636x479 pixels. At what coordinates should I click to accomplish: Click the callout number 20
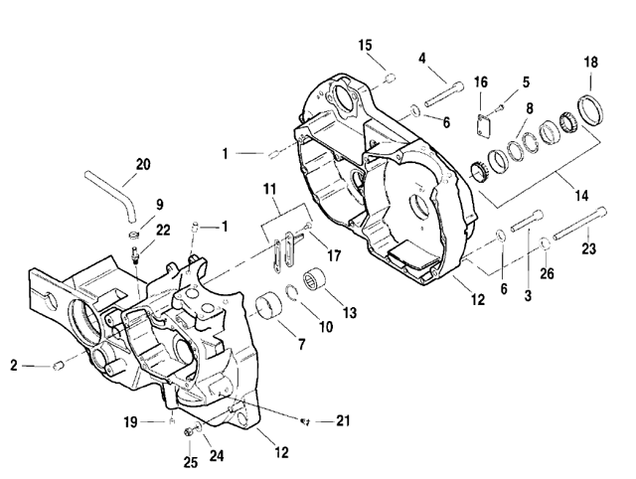[x=143, y=164]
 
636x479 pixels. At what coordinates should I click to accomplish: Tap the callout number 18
[x=591, y=62]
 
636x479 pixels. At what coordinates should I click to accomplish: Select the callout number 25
[x=191, y=462]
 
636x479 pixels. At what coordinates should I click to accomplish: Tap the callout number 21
[x=344, y=420]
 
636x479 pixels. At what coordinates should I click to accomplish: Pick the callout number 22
[x=162, y=230]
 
